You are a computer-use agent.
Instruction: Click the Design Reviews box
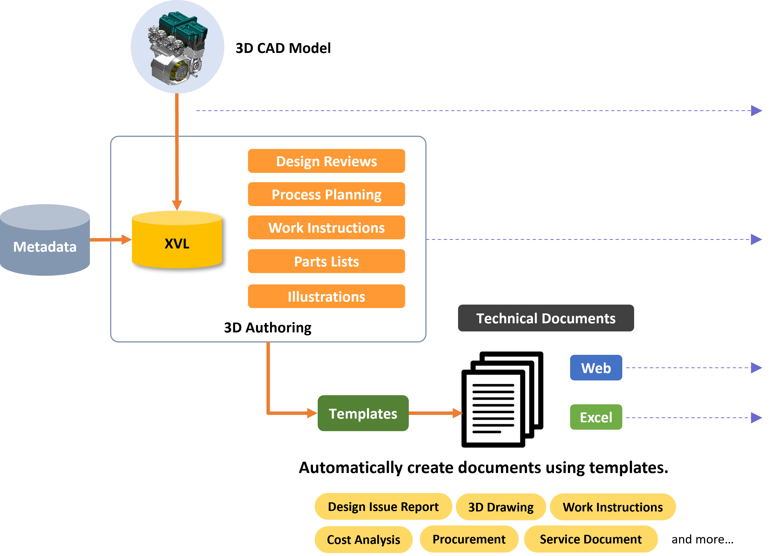(326, 161)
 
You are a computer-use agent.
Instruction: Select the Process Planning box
(326, 194)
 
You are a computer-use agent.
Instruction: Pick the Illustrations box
(326, 296)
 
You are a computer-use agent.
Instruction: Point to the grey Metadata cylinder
(45, 246)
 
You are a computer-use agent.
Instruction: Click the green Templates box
(363, 413)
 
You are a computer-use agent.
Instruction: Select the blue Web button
(596, 368)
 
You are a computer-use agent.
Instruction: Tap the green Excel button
(596, 417)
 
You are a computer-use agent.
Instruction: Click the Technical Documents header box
(545, 318)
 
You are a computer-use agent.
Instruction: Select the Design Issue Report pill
(383, 507)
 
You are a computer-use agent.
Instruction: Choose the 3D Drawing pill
(500, 507)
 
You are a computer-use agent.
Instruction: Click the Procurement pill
(469, 539)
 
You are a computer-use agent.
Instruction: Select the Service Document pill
(590, 539)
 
